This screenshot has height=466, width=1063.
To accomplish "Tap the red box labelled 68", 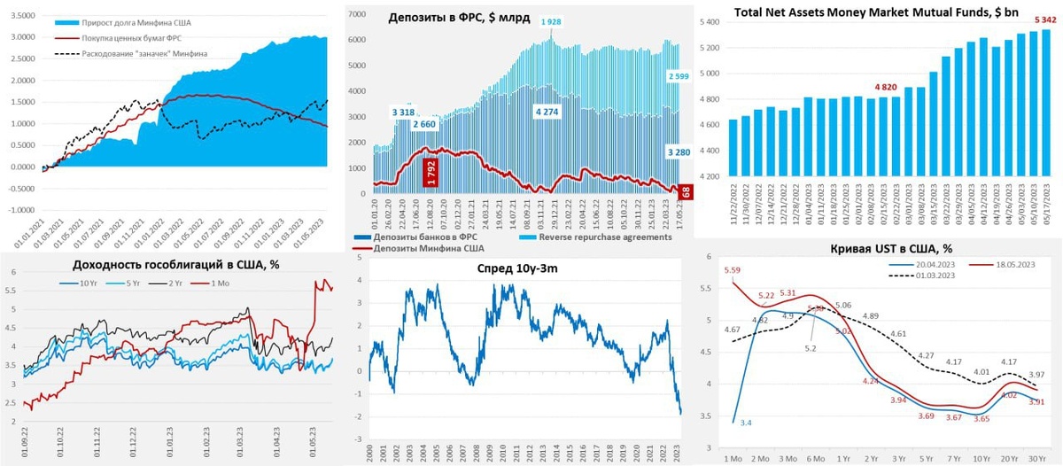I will (x=686, y=190).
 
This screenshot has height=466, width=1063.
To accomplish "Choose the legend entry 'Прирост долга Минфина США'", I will (x=147, y=21).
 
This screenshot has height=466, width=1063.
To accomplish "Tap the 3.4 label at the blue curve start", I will (x=746, y=423).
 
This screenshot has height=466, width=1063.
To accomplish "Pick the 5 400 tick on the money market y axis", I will (x=710, y=22).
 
